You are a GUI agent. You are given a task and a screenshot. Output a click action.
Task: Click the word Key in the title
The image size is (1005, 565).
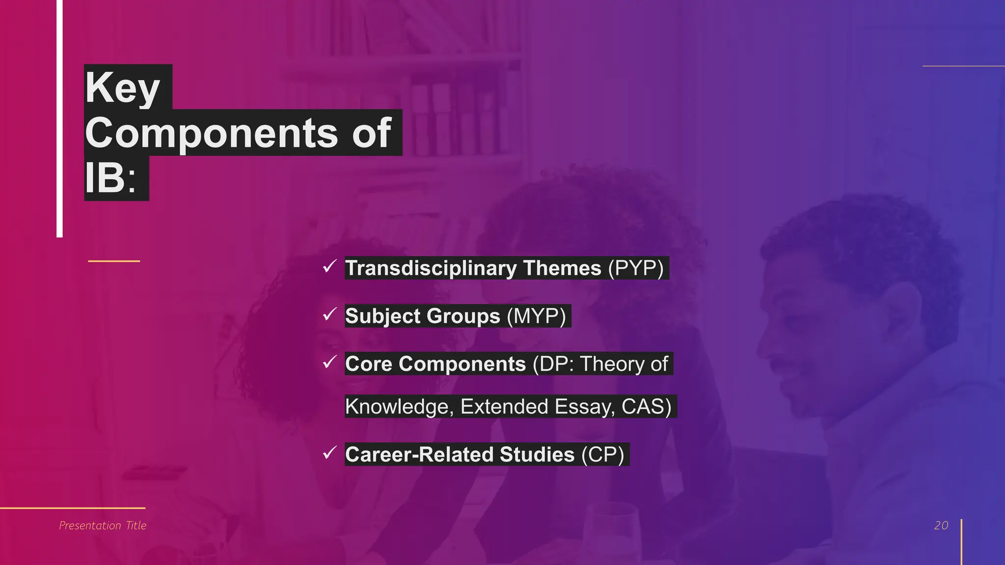click(x=123, y=88)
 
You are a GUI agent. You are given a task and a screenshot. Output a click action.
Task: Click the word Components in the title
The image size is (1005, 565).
click(x=212, y=133)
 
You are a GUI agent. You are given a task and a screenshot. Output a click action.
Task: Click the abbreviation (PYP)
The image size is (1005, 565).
click(x=635, y=268)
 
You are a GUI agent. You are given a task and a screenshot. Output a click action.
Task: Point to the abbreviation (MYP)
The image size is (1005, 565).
click(x=536, y=316)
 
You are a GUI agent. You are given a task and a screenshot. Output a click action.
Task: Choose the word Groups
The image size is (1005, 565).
click(x=461, y=316)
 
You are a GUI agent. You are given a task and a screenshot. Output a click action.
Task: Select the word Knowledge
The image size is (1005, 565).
click(x=399, y=407)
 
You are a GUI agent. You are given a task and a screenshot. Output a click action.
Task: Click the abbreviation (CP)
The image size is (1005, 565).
click(x=603, y=454)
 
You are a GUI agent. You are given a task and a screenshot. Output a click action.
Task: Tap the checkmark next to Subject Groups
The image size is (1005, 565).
click(x=329, y=314)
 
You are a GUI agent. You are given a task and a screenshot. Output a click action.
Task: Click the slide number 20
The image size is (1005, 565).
click(x=941, y=525)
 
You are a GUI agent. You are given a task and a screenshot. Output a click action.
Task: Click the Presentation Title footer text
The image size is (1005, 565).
click(x=103, y=525)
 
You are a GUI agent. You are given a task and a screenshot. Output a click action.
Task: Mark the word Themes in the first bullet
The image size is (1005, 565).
click(x=562, y=268)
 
